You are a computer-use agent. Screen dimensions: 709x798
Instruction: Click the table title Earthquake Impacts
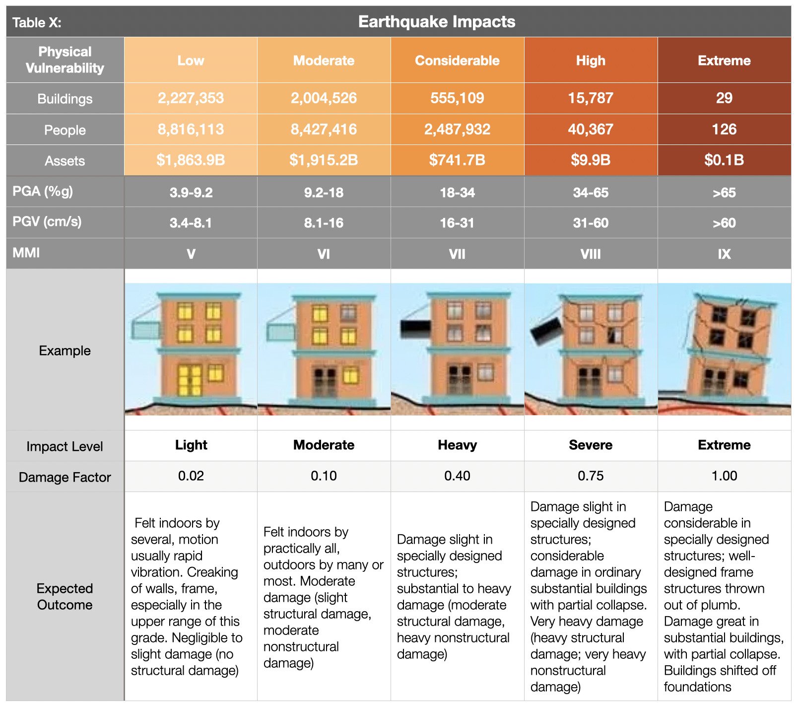[x=437, y=22]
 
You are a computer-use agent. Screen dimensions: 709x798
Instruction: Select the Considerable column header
[x=457, y=61]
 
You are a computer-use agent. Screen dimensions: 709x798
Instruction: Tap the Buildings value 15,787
[x=591, y=98]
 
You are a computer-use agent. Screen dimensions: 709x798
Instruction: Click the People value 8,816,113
[x=191, y=129]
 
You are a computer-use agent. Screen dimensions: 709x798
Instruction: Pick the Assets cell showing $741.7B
[x=457, y=160]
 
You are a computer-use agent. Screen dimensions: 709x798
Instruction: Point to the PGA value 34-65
[x=591, y=193]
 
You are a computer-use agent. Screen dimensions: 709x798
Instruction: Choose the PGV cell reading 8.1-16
[x=324, y=223]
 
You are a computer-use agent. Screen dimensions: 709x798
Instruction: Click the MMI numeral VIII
[x=591, y=254]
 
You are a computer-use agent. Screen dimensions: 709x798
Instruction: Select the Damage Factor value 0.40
[x=457, y=476]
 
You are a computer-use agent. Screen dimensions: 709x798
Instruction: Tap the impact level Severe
[x=591, y=445]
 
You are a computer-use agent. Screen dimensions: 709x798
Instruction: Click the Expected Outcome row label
[x=65, y=596]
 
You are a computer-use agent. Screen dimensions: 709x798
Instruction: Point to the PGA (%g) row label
[x=43, y=191]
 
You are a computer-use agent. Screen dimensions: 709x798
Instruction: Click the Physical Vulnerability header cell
[x=65, y=60]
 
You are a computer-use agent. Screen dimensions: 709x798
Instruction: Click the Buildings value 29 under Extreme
[x=724, y=98]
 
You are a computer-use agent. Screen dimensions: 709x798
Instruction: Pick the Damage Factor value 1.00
[x=724, y=476]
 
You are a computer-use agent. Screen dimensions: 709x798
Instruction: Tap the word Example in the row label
[x=65, y=351]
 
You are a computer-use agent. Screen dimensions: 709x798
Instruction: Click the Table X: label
[x=37, y=22]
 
